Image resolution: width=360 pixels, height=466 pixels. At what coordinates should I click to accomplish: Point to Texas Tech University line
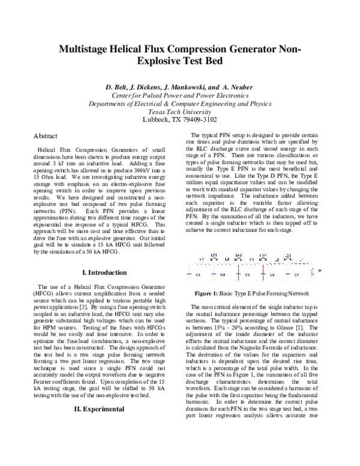point(179,111)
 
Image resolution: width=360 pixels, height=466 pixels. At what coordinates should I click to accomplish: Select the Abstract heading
point(46,136)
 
